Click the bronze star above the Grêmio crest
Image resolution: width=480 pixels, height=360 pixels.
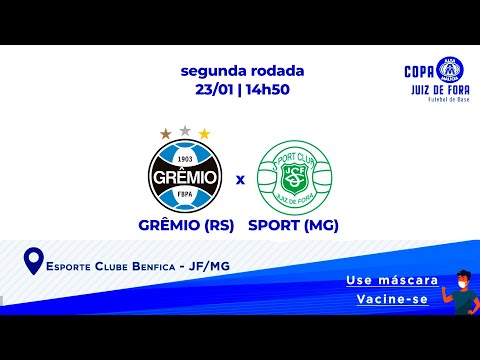pyautogui.click(x=165, y=133)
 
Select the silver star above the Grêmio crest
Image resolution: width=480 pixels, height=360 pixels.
pyautogui.click(x=185, y=128)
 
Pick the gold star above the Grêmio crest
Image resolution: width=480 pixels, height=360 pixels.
pyautogui.click(x=205, y=133)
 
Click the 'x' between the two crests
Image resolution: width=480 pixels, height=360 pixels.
pyautogui.click(x=240, y=181)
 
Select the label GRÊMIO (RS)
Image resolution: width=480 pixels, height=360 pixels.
pyautogui.click(x=186, y=225)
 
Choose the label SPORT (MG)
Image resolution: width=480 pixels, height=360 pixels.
pyautogui.click(x=293, y=225)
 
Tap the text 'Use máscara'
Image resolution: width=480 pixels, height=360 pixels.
pyautogui.click(x=385, y=281)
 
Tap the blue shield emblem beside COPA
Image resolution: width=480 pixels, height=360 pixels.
pyautogui.click(x=442, y=70)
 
